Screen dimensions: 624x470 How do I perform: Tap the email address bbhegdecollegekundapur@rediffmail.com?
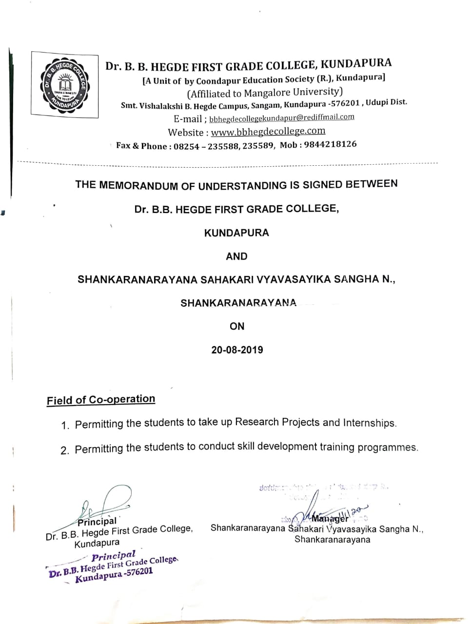[x=282, y=117]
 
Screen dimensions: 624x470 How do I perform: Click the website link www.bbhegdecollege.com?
[x=268, y=131]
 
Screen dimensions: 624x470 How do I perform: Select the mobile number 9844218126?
[x=330, y=144]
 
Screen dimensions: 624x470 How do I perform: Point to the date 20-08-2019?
[x=237, y=350]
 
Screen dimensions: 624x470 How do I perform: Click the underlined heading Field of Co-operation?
[x=101, y=400]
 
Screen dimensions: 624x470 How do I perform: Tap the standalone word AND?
[x=236, y=256]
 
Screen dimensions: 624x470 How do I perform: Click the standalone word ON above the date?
[x=237, y=326]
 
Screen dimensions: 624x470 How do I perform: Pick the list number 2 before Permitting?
[x=65, y=450]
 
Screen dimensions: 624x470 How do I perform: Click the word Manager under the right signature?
[x=331, y=518]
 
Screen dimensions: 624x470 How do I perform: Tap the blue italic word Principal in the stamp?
[x=114, y=556]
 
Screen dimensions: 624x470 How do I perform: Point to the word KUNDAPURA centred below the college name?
[x=236, y=233]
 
